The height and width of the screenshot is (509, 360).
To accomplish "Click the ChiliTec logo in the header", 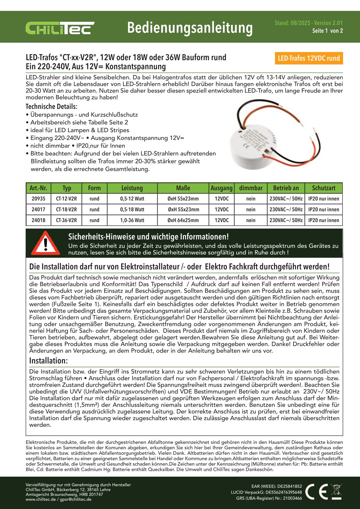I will [60, 28].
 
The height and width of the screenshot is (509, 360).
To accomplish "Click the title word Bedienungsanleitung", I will [190, 28].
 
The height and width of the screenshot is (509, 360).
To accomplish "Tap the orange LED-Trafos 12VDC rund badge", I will [309, 58].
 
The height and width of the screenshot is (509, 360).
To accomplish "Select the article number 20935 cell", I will [38, 199].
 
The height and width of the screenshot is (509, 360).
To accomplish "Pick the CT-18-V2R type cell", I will [67, 210].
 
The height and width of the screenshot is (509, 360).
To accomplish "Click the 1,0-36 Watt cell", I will [132, 220].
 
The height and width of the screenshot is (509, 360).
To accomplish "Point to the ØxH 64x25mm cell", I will [183, 220].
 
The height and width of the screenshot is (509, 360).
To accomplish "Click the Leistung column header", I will [132, 188].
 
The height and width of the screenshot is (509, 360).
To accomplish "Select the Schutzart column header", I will [324, 188].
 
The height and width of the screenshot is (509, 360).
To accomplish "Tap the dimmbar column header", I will [251, 188].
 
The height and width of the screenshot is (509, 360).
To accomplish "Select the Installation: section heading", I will [48, 361].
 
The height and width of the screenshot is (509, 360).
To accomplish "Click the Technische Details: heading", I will [51, 106].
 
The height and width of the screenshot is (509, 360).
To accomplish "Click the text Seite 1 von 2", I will [328, 31].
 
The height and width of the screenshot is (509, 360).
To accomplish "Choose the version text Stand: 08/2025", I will [293, 23].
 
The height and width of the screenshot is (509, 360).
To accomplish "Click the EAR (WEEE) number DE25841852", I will [290, 486].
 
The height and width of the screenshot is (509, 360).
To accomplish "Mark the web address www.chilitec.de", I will [41, 499].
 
